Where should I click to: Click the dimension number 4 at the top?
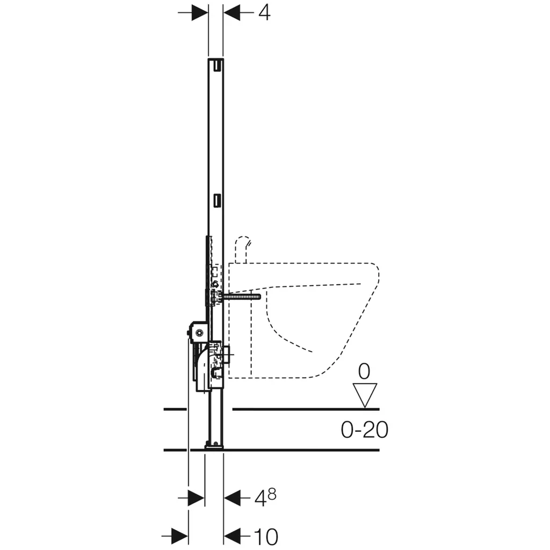tap(264, 13)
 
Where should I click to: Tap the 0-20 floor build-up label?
tap(365, 429)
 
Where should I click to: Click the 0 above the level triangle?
tap(364, 372)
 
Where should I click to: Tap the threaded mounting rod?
tap(241, 296)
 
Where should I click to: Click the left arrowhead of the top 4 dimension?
tap(200, 13)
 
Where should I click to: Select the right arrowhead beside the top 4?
tap(232, 13)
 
